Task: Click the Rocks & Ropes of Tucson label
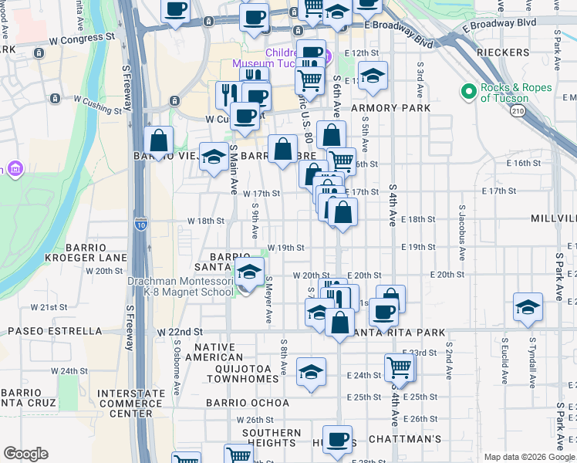click(x=516, y=93)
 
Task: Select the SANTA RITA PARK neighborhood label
click(x=401, y=333)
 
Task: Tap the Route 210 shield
click(x=516, y=112)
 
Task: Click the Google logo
click(x=25, y=455)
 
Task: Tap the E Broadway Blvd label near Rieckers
click(x=500, y=22)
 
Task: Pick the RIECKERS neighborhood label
click(x=501, y=52)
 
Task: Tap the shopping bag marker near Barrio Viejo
click(x=159, y=141)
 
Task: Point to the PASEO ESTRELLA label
click(x=55, y=331)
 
